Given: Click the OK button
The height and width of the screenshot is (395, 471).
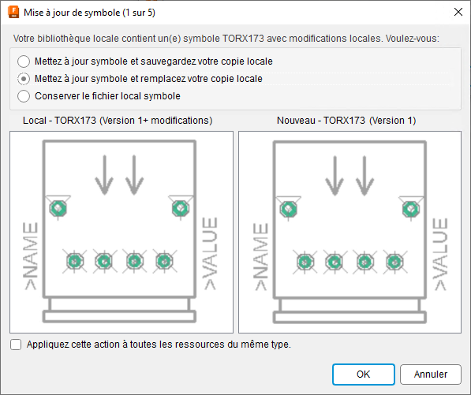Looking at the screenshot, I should (x=363, y=375).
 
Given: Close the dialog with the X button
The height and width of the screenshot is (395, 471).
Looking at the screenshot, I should (x=458, y=12).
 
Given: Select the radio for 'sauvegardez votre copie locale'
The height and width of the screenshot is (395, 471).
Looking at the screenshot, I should (x=24, y=61).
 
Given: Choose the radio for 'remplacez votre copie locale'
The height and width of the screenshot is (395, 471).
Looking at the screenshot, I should (x=24, y=79).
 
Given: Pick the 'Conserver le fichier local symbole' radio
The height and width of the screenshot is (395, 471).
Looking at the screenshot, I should (x=24, y=96).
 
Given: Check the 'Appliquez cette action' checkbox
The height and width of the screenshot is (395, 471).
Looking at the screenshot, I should (x=17, y=344).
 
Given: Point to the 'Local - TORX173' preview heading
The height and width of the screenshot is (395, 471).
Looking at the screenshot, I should (x=117, y=121).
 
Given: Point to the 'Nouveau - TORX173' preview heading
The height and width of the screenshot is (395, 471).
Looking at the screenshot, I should (x=346, y=121).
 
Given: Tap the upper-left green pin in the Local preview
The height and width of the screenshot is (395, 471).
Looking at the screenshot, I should (x=58, y=208).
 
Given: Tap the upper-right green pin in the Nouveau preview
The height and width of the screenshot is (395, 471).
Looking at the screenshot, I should (x=410, y=208).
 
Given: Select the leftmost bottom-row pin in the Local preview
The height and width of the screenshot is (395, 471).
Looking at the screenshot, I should (x=74, y=261).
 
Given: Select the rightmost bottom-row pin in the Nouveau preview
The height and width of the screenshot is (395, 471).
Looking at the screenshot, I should (x=393, y=261).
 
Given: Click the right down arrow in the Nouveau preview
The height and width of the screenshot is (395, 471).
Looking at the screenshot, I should (x=364, y=175).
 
